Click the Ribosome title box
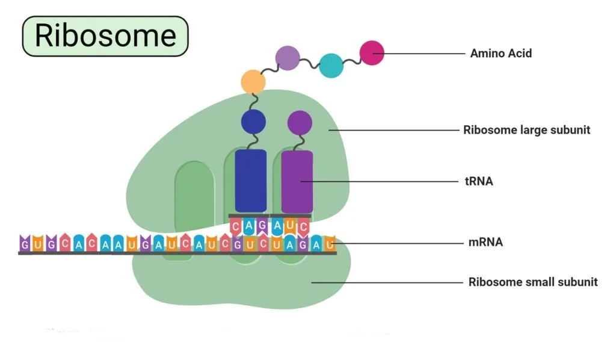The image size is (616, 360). [105, 36]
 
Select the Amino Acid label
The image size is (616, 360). [501, 53]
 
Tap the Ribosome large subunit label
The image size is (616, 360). [526, 129]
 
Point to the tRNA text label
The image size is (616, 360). [478, 181]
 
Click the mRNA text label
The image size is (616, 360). [485, 241]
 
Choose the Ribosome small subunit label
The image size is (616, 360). [533, 282]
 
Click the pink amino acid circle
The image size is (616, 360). [372, 52]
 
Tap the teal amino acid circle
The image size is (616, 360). [331, 66]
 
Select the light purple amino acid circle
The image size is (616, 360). [288, 58]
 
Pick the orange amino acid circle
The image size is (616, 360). [253, 82]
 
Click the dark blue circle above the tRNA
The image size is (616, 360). [253, 122]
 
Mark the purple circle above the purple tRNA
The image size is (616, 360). [300, 123]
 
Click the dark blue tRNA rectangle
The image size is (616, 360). [251, 181]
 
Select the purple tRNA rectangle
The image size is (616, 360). [297, 182]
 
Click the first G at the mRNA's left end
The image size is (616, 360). [25, 243]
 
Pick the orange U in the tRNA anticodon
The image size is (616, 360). [290, 226]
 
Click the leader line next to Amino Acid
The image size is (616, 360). [419, 54]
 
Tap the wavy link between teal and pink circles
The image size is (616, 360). [351, 61]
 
